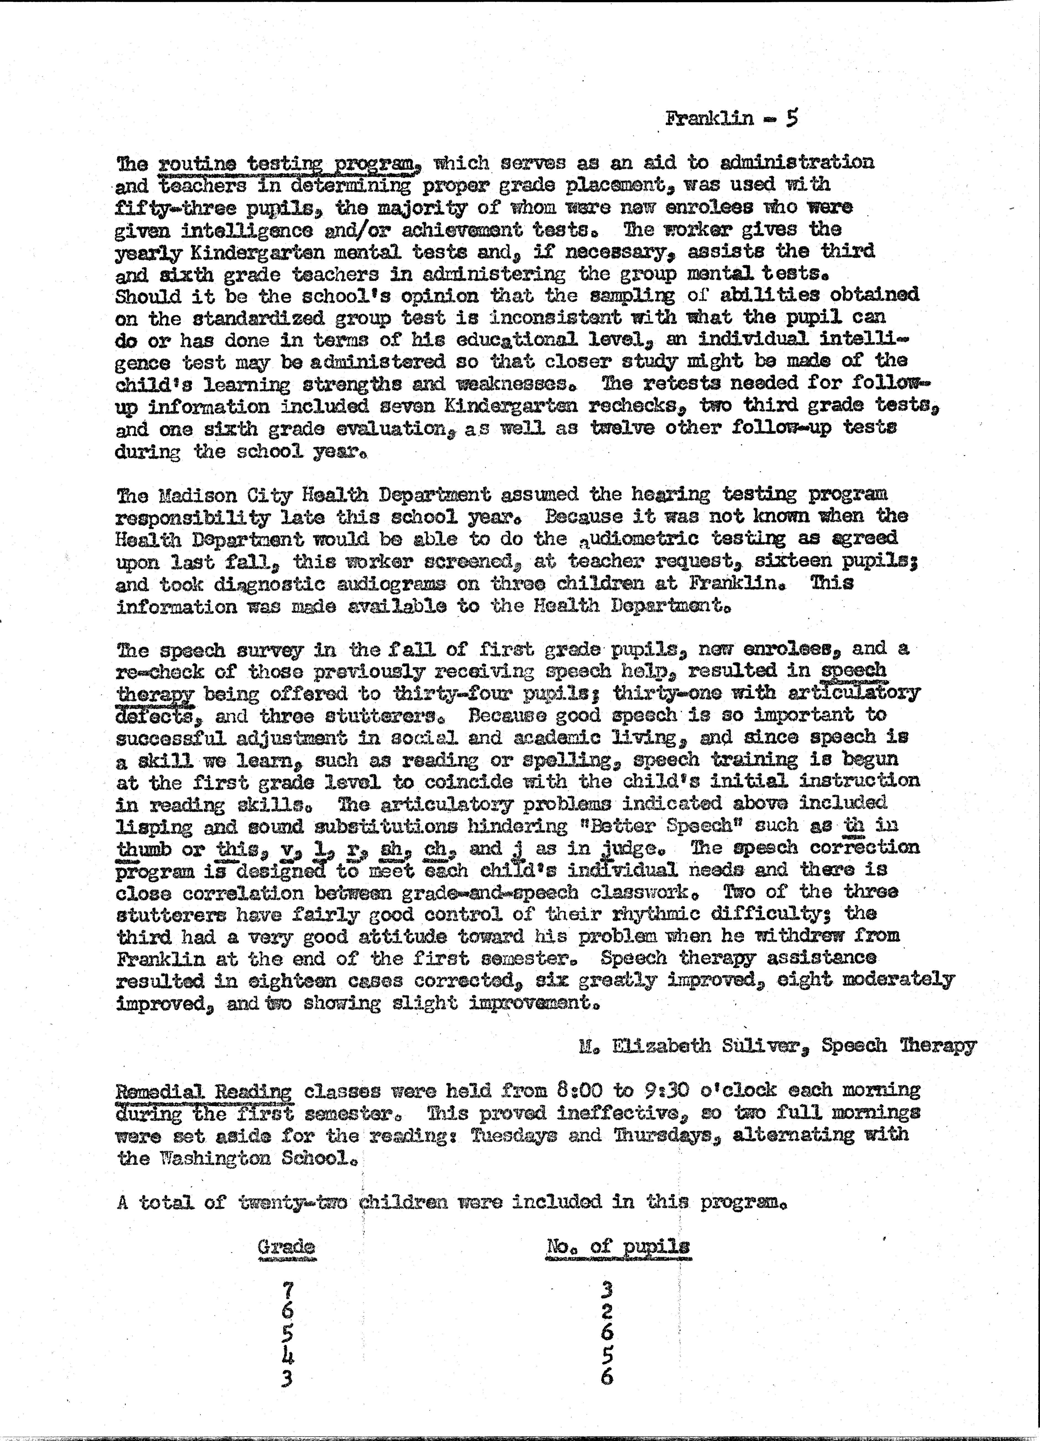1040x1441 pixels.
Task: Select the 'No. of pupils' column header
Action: tap(617, 1246)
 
